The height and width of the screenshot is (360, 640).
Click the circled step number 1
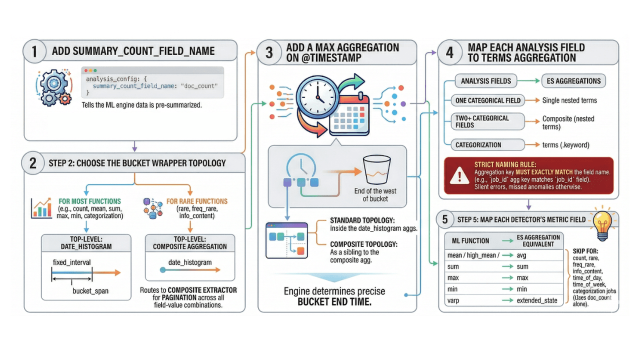pos(34,52)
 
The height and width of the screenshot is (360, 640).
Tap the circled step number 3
pos(269,53)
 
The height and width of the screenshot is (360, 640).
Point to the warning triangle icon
pos(456,175)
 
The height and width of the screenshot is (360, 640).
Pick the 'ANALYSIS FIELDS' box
pos(485,80)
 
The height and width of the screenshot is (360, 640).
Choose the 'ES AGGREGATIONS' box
pos(573,80)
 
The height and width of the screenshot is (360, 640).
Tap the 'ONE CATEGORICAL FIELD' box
pos(487,100)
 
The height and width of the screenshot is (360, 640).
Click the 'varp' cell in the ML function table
pos(453,300)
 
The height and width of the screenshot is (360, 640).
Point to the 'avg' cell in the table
pos(522,254)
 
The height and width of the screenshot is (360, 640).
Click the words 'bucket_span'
pos(90,291)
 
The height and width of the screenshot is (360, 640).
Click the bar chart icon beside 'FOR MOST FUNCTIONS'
pos(41,207)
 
